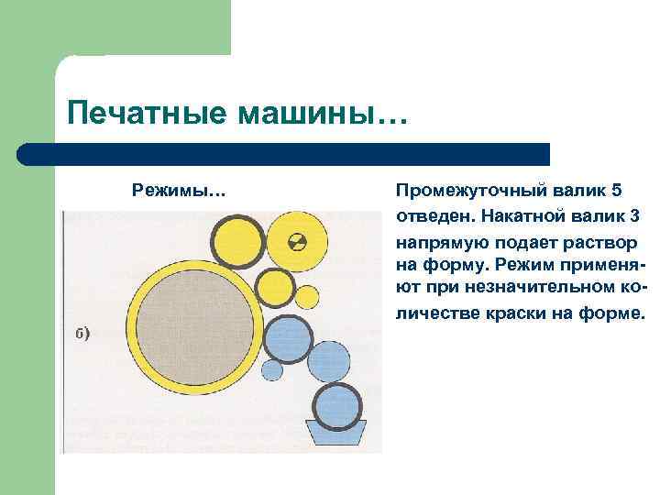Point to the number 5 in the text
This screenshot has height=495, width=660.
(x=616, y=191)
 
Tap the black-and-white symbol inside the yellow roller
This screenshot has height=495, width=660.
(x=296, y=243)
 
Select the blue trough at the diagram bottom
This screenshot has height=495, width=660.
(x=335, y=433)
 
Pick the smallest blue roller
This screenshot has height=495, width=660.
(x=272, y=369)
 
